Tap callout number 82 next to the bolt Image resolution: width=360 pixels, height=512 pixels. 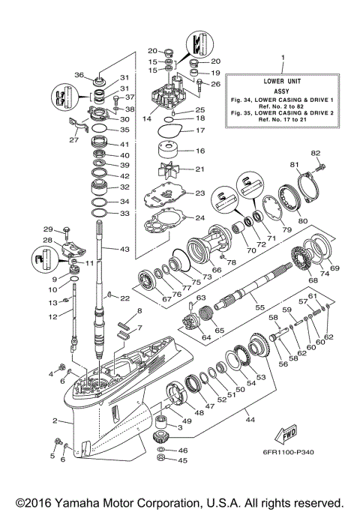pyautogui.click(x=316, y=153)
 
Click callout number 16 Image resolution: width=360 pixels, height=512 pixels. pyautogui.click(x=199, y=151)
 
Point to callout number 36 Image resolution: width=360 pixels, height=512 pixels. pyautogui.click(x=79, y=74)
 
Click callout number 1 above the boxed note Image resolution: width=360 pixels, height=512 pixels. pyautogui.click(x=282, y=58)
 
